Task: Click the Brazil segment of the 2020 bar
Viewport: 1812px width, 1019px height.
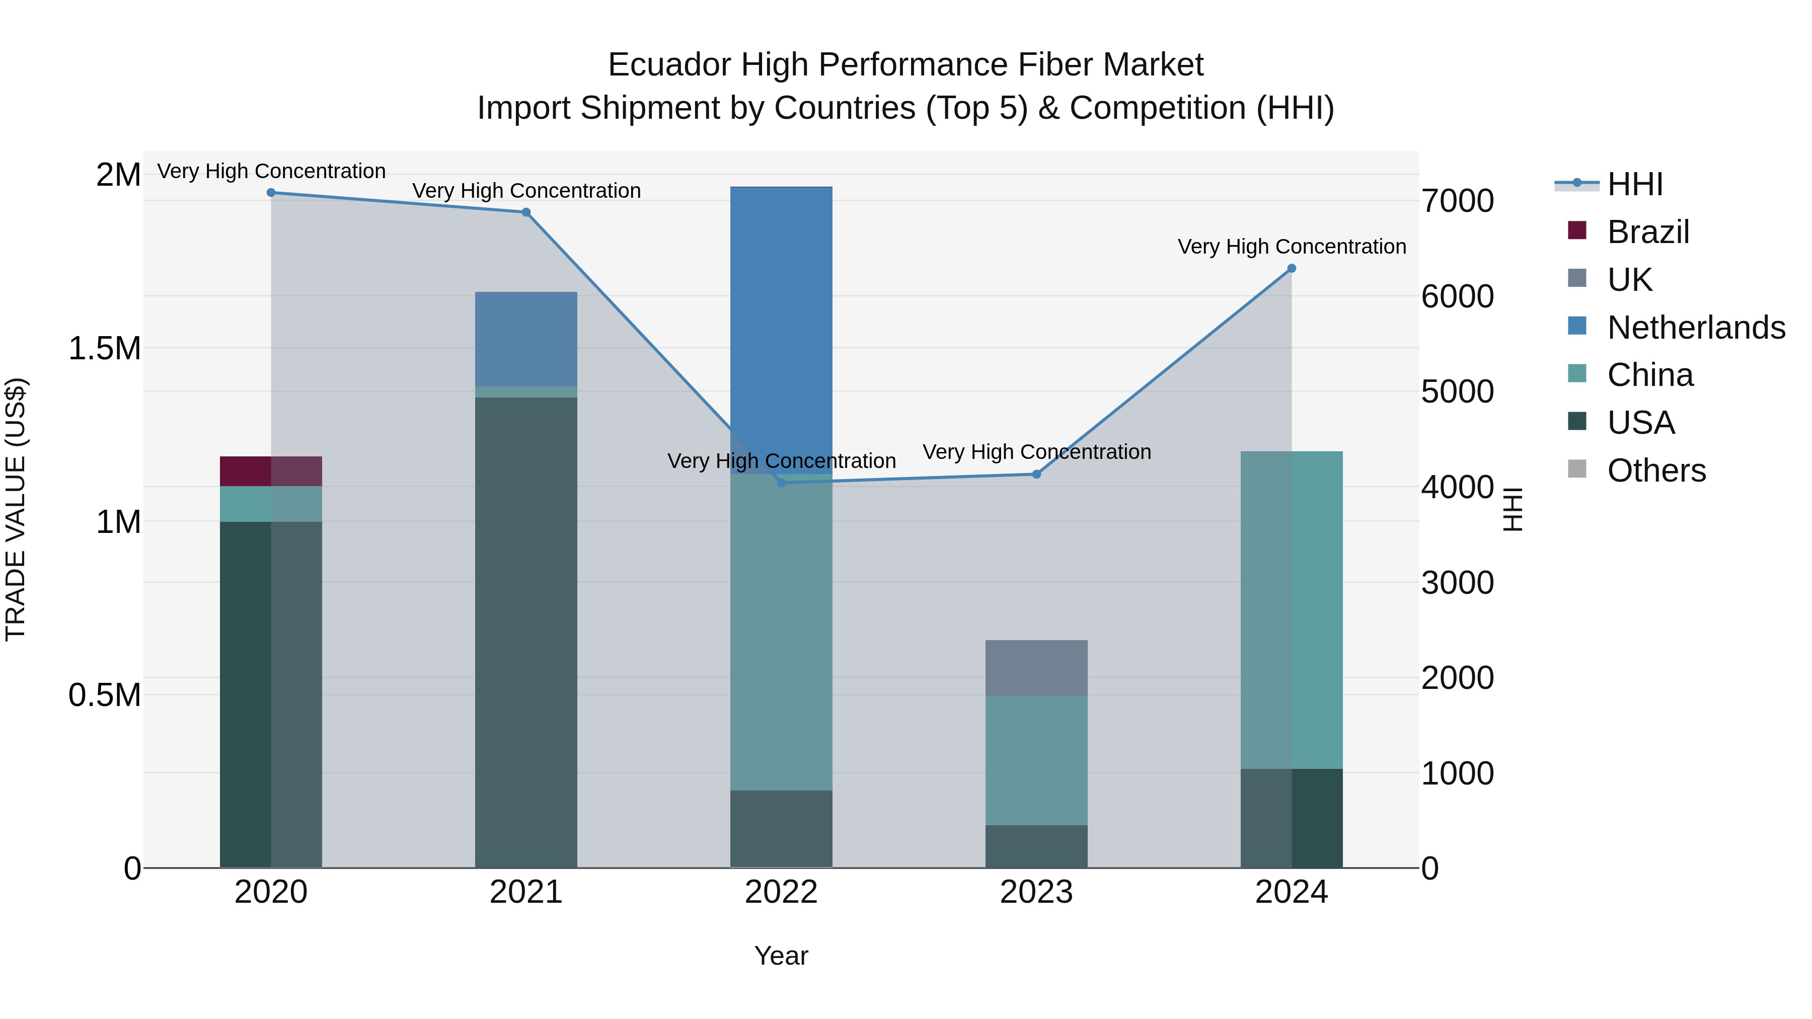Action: (271, 471)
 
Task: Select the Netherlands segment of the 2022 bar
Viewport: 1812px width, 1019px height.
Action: (781, 331)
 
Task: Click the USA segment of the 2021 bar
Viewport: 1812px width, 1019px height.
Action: (526, 633)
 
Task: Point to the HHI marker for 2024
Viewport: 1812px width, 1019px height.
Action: (1292, 269)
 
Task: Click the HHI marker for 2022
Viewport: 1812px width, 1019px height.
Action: (781, 483)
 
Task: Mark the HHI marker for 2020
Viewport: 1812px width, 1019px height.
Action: (271, 193)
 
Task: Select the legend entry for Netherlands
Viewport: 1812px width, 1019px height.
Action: (1696, 328)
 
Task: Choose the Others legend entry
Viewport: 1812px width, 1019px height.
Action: (1656, 471)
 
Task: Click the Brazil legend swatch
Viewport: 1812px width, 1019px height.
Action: (1577, 230)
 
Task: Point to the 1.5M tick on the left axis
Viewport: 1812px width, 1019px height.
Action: (104, 348)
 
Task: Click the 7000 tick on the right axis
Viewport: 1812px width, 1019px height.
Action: (1458, 201)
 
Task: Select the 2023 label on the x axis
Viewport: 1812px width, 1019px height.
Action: (1036, 892)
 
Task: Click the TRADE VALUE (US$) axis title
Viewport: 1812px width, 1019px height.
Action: (16, 509)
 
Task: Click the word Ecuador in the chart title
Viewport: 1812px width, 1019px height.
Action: (669, 65)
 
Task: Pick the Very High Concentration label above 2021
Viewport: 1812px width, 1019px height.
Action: (526, 191)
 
